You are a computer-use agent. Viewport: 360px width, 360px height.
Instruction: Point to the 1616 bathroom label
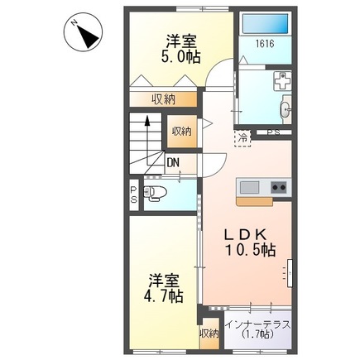point(264,44)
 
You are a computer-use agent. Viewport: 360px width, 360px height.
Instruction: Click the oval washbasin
point(286,108)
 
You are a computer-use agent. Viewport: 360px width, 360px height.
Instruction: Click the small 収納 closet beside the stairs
point(182,131)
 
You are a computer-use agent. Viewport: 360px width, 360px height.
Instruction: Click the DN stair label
point(172,162)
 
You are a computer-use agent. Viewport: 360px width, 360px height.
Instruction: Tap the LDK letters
point(246,234)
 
